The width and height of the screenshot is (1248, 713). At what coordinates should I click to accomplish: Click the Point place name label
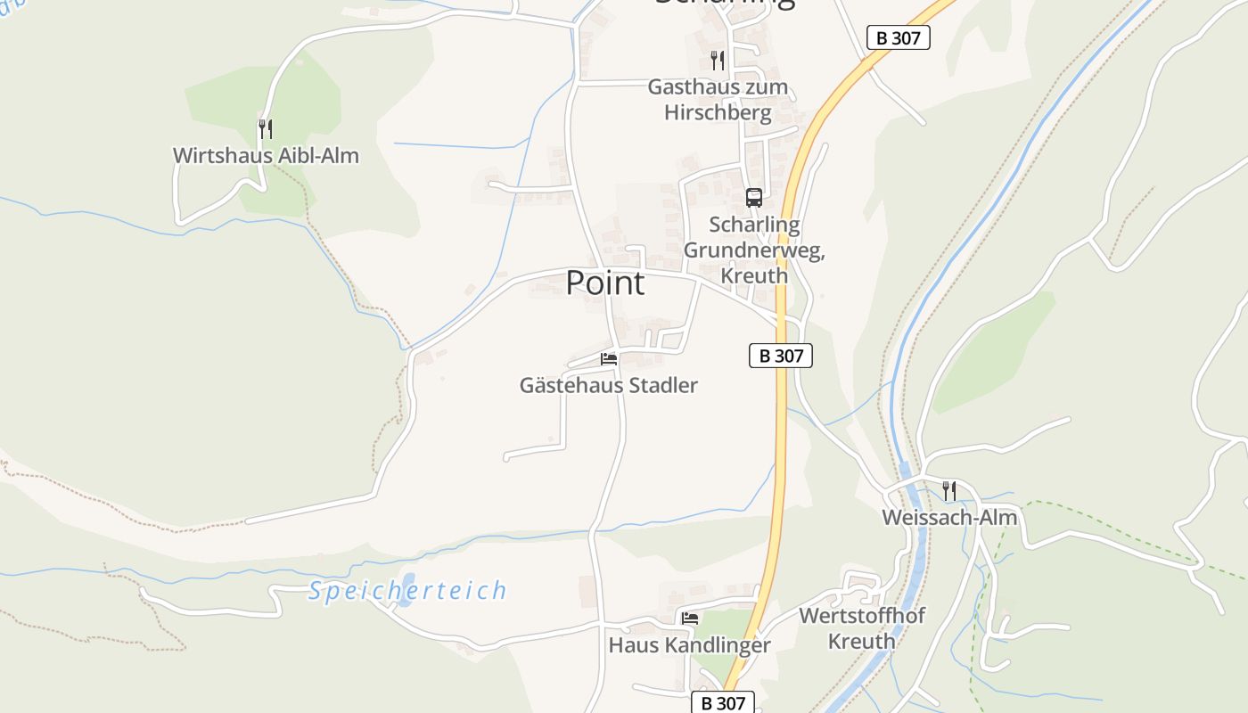(605, 283)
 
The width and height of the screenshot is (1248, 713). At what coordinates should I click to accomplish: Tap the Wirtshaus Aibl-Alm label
(266, 156)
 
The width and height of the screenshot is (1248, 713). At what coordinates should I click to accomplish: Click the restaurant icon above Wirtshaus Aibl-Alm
(266, 128)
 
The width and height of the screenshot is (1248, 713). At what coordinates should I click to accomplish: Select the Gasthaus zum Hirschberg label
(718, 100)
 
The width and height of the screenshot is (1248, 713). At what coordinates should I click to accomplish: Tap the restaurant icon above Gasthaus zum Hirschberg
(718, 60)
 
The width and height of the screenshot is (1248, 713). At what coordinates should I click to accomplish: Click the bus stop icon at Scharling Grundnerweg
(754, 198)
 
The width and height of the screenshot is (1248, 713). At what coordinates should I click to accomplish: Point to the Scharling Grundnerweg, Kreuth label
(754, 250)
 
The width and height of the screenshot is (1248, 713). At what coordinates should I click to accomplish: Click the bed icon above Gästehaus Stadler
(609, 359)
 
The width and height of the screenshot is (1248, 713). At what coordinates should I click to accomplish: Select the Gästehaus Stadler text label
(609, 386)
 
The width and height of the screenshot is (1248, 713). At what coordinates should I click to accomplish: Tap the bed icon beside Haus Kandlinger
(690, 618)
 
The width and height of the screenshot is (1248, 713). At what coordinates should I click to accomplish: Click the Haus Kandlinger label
(689, 645)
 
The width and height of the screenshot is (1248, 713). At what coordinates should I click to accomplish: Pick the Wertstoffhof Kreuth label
(861, 628)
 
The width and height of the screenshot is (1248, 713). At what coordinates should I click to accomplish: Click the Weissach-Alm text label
(949, 518)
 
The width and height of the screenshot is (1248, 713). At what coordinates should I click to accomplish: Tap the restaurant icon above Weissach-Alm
(949, 489)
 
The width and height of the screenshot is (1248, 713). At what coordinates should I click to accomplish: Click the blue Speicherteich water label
(407, 591)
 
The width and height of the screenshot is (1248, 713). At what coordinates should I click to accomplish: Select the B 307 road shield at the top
(899, 37)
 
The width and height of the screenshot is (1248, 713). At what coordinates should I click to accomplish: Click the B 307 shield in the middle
(781, 356)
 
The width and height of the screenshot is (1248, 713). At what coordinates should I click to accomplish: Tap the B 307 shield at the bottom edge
(724, 702)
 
